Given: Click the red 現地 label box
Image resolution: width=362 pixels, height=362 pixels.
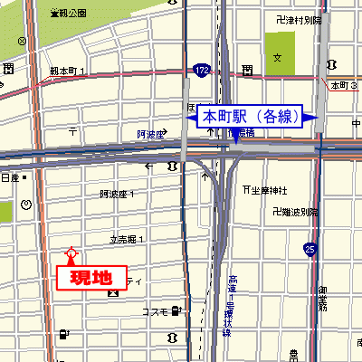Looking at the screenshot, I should click(x=91, y=278).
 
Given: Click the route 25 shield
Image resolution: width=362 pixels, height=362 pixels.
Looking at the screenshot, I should click(x=310, y=247).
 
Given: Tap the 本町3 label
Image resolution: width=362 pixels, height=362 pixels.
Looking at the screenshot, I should click(x=344, y=85).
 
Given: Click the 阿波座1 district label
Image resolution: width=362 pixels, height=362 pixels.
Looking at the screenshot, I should click(x=117, y=194).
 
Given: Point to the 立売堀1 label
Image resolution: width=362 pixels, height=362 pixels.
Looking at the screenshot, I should click(x=128, y=240).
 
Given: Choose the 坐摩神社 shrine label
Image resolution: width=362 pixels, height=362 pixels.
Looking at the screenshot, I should click(x=269, y=190).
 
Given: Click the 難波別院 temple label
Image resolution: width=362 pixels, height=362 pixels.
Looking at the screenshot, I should click(x=296, y=211).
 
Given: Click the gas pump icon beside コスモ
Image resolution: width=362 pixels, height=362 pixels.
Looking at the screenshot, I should click(x=175, y=311).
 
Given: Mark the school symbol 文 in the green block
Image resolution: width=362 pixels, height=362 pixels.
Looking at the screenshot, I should click(x=279, y=56).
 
